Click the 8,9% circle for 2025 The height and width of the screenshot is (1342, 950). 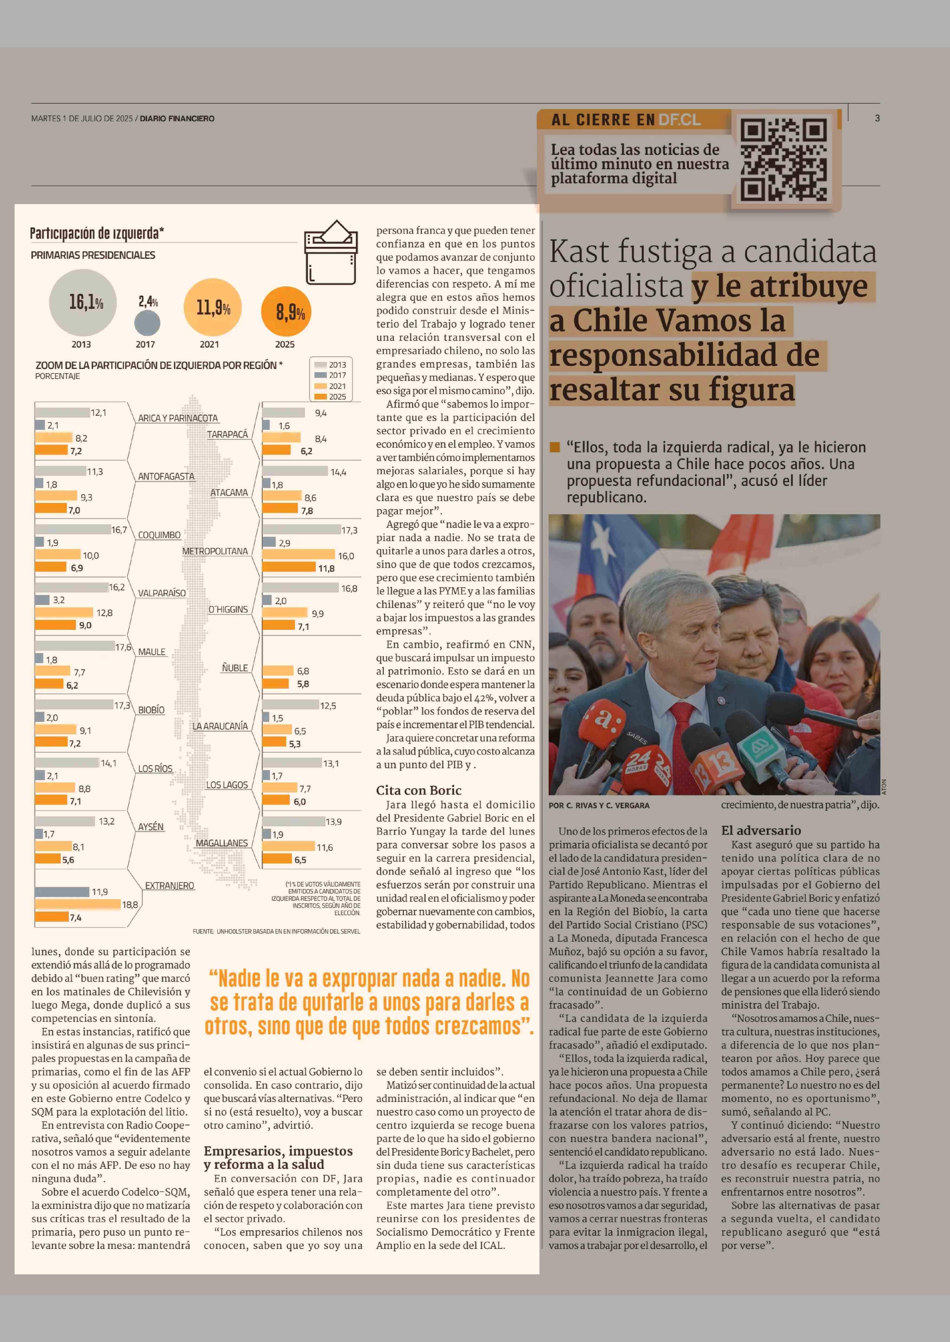286,312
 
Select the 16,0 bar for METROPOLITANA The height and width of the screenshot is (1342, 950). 298,554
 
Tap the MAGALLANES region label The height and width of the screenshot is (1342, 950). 222,843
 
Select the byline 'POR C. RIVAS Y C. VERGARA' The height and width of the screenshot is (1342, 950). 599,805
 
